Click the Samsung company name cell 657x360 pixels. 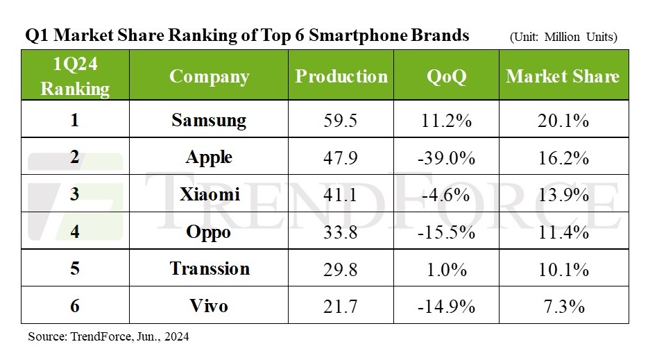pyautogui.click(x=209, y=120)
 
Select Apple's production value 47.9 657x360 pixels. pyautogui.click(x=340, y=157)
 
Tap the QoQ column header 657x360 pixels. pyautogui.click(x=446, y=76)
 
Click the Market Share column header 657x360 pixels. pyautogui.click(x=563, y=76)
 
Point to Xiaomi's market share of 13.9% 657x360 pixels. pyautogui.click(x=563, y=194)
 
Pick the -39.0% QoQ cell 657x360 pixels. pyautogui.click(x=446, y=157)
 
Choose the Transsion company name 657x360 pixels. pyautogui.click(x=209, y=268)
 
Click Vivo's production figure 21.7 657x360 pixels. pyautogui.click(x=340, y=305)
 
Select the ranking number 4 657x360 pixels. pyautogui.click(x=74, y=231)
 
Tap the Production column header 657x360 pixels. pyautogui.click(x=341, y=76)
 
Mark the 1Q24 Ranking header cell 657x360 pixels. pyautogui.click(x=74, y=76)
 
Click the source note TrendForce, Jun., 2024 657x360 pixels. pyautogui.click(x=108, y=337)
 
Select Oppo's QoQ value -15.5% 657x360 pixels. pyautogui.click(x=446, y=231)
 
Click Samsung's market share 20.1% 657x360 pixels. pyautogui.click(x=563, y=120)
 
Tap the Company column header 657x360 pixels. pyautogui.click(x=209, y=76)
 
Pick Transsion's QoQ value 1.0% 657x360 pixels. pyautogui.click(x=446, y=268)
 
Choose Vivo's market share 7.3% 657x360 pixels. pyautogui.click(x=563, y=305)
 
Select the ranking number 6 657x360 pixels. pyautogui.click(x=74, y=305)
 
